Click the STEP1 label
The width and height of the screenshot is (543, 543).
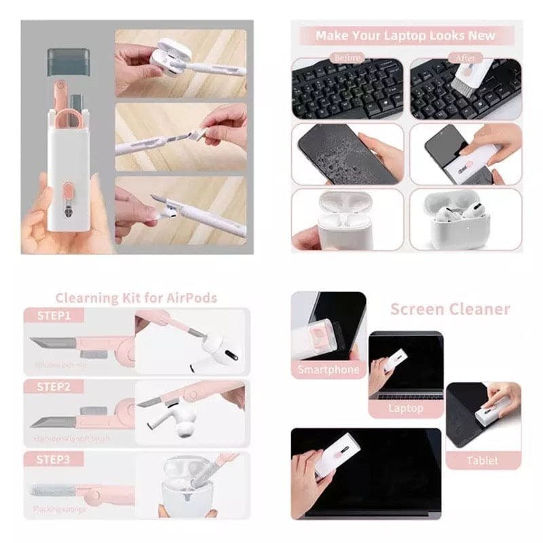(x=54, y=315)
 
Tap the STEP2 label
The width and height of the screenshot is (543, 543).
(x=54, y=387)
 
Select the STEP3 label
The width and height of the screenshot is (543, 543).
(x=54, y=459)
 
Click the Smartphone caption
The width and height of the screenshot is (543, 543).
(x=329, y=370)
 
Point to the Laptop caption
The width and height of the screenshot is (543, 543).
(x=405, y=408)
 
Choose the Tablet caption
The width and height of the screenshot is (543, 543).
(x=482, y=460)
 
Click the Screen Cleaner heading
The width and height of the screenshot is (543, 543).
(x=449, y=310)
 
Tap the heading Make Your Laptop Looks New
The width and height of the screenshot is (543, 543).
(x=405, y=35)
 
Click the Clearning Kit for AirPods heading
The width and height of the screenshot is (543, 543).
(x=136, y=297)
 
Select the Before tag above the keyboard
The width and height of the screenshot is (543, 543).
(x=348, y=58)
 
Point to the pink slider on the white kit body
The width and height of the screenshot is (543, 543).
(x=68, y=202)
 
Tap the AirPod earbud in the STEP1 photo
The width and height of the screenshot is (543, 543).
(x=217, y=350)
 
